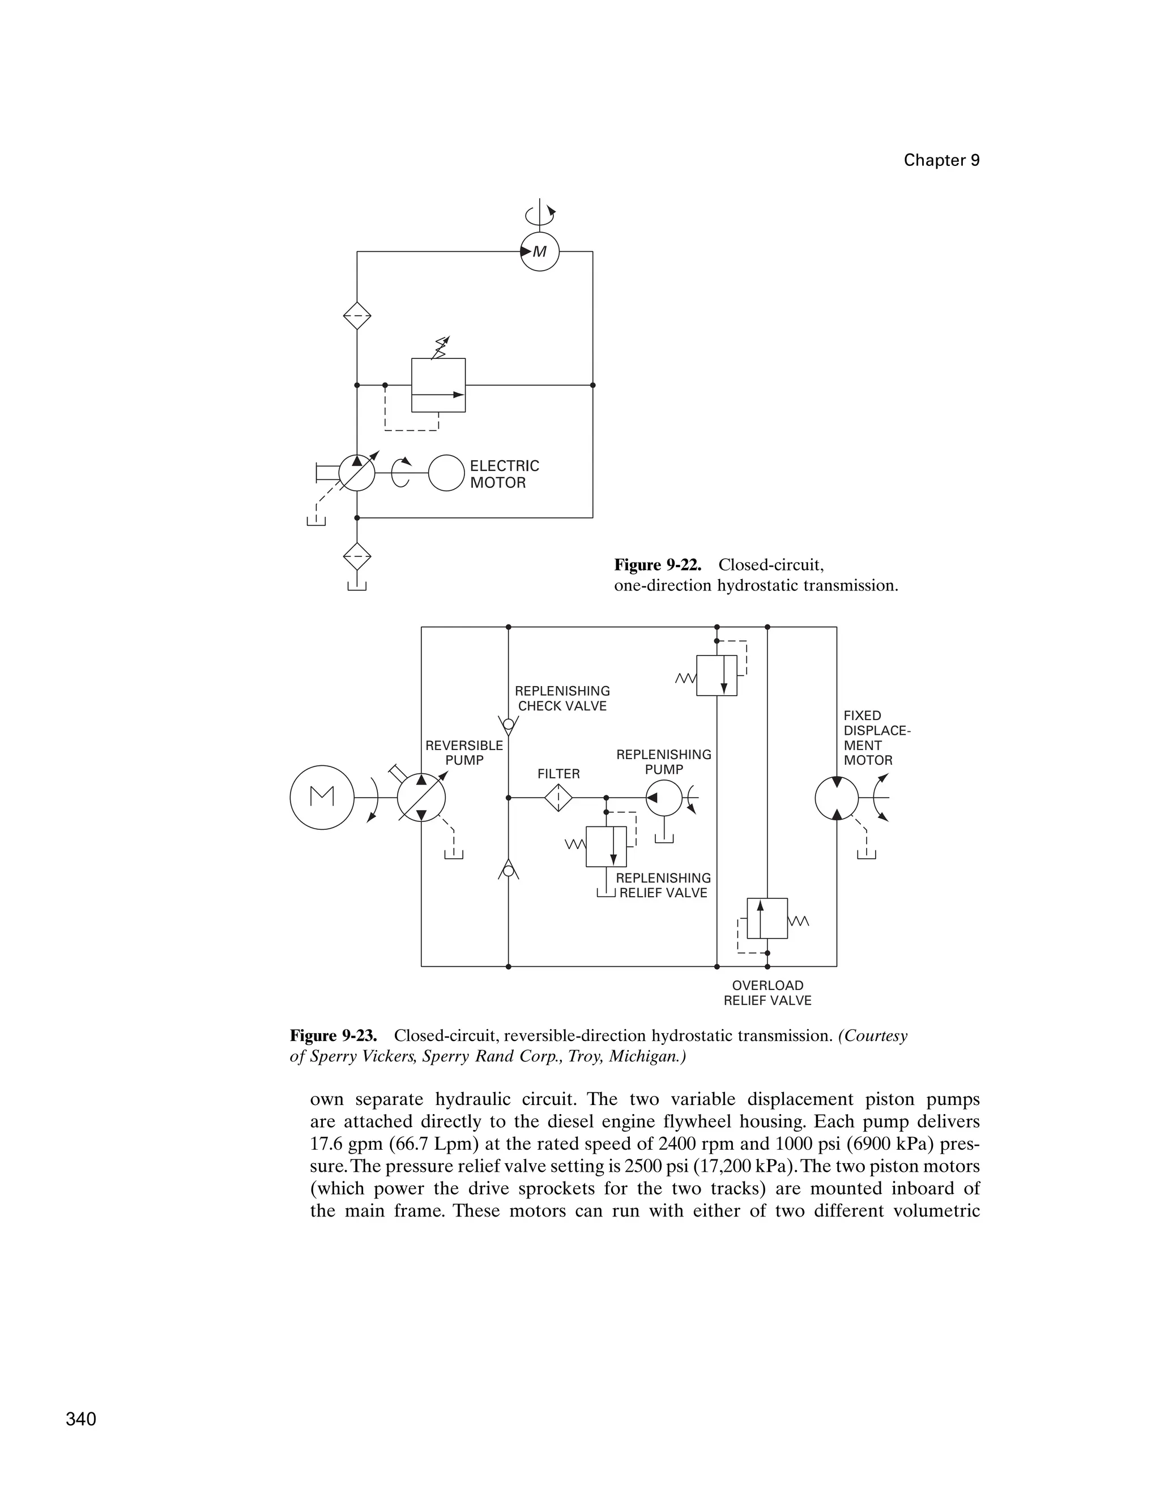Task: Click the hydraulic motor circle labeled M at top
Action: pos(540,252)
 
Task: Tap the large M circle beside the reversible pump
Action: pos(322,798)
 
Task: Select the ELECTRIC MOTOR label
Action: pos(504,474)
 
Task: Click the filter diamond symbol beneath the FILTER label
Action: pos(559,798)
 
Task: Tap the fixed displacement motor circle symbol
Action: pos(837,798)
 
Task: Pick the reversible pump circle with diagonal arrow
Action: pos(422,798)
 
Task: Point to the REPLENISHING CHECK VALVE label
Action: pos(562,698)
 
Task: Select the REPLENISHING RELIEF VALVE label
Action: pos(663,885)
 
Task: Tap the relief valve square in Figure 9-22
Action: pos(438,385)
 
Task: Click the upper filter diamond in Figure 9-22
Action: pos(357,316)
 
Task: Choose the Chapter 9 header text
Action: pos(941,160)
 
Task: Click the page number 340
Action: pos(81,1420)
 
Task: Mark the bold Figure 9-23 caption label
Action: pos(334,1036)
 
